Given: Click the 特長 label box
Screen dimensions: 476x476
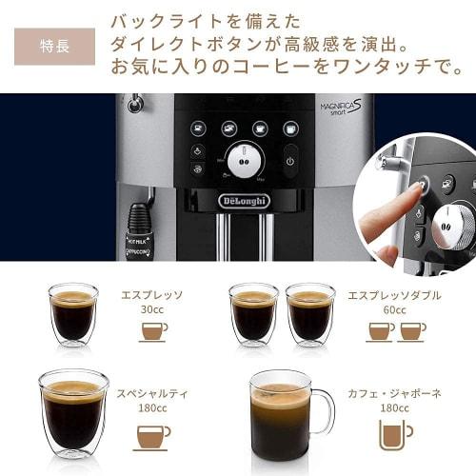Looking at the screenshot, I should pos(54,45).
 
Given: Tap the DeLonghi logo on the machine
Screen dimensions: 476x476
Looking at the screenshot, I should pos(244,201).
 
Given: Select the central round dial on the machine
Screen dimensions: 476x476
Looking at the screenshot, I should pos(245,159).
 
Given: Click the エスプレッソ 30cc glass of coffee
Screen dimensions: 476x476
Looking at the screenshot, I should pos(73,313).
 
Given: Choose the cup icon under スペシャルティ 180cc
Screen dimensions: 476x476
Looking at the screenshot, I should pos(152,435).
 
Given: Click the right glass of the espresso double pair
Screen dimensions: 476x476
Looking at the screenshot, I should pos(310,313).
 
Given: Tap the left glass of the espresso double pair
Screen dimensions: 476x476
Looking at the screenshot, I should pos(253,313).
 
